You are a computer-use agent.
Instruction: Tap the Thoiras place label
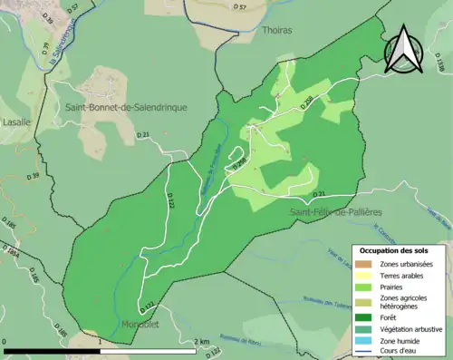pos(276,30)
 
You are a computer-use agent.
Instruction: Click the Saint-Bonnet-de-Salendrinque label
pos(126,107)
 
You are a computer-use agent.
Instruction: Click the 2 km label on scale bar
pos(202,342)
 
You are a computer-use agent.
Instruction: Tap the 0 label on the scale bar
pos(5,342)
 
